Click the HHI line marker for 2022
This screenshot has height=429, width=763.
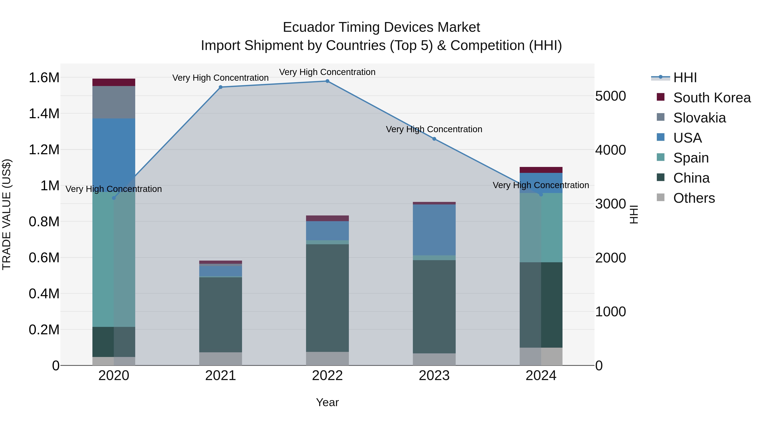coord(327,81)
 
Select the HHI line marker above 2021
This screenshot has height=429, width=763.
coord(220,87)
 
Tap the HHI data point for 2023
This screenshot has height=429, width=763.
coord(434,139)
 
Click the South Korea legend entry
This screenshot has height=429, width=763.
coord(712,98)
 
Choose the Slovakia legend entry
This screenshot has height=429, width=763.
coord(699,118)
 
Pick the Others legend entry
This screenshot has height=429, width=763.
coord(694,198)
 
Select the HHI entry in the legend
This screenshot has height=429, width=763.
coord(685,78)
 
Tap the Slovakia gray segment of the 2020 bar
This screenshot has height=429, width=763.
coord(114,102)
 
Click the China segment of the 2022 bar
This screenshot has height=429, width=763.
coord(327,298)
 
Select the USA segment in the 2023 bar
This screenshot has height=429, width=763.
coord(434,229)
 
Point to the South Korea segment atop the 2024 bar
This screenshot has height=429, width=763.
coord(541,170)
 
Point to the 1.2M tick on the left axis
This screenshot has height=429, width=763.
coord(44,150)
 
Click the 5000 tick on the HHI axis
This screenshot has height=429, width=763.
coord(610,96)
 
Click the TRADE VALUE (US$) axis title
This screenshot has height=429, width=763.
coord(7,214)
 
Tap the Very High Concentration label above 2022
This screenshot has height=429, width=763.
coord(327,72)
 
